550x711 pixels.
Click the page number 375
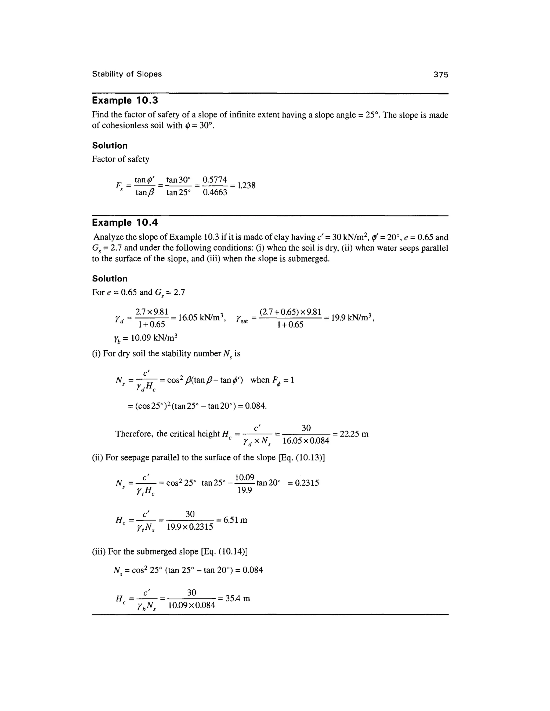pos(440,75)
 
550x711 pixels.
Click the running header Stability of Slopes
pos(127,74)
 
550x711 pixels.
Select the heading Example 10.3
pos(125,100)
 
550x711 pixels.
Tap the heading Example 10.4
pos(125,223)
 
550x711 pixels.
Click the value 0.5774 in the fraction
pos(215,180)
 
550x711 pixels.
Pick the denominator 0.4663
pos(215,192)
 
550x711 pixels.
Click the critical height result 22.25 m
pos(354,434)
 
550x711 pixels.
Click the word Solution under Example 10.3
pos(110,145)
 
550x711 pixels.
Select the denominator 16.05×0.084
pos(306,441)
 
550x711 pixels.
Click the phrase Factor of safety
pos(121,159)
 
